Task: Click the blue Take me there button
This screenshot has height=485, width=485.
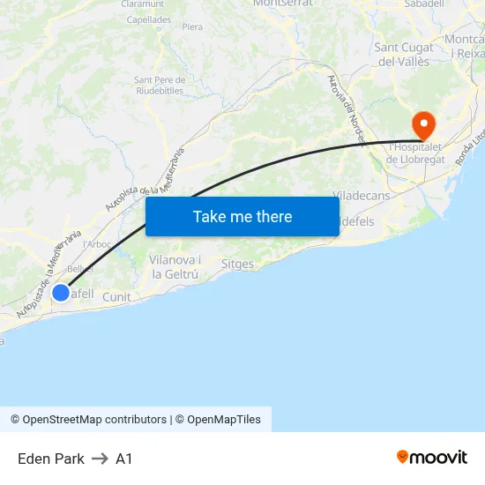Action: click(242, 216)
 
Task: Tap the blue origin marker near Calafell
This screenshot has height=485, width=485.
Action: click(61, 292)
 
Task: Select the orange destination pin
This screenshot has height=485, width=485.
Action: click(424, 124)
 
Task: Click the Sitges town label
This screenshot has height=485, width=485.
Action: click(237, 264)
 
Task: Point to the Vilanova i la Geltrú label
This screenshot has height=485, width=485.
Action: click(175, 266)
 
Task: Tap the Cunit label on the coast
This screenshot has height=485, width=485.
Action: click(116, 297)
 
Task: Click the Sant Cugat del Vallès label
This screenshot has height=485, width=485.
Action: click(403, 55)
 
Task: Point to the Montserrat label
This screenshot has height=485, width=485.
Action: click(283, 4)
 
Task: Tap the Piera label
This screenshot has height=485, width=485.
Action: click(192, 27)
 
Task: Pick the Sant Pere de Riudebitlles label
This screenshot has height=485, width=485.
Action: click(159, 85)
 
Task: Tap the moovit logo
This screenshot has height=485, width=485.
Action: click(432, 458)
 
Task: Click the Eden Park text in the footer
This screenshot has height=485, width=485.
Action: click(51, 459)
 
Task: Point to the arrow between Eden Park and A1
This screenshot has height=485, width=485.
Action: click(100, 459)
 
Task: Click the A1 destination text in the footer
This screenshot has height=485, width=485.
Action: click(124, 459)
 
